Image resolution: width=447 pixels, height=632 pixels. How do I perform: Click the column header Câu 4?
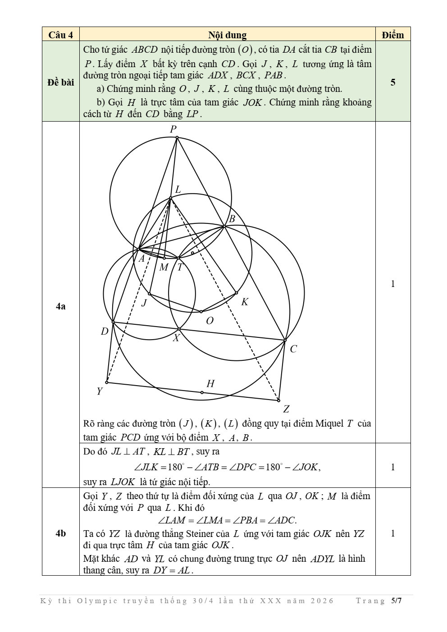point(61,35)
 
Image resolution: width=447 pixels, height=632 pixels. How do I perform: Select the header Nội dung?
point(227,35)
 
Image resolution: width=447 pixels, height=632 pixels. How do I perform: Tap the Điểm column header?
point(392,35)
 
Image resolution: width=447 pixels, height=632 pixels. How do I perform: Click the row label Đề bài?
point(61,82)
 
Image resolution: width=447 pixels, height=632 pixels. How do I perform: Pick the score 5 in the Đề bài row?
point(393,82)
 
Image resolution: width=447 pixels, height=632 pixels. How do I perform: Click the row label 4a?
point(61,306)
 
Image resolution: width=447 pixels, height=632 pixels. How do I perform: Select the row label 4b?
point(61,533)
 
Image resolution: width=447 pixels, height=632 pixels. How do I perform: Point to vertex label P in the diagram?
point(173,129)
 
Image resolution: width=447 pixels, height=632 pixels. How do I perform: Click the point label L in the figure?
point(178,190)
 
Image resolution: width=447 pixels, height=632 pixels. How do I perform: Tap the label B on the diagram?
point(232,219)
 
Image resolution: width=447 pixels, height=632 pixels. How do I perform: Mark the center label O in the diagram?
point(210,321)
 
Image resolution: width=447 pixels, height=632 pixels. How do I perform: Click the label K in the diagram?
point(245,302)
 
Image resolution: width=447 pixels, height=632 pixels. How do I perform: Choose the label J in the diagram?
point(144,303)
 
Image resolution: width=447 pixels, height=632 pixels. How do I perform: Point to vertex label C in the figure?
point(293,349)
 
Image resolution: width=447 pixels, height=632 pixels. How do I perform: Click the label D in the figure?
point(105,332)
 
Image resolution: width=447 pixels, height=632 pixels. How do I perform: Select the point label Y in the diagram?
point(100,391)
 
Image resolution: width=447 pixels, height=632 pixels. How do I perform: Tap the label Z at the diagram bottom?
point(286,409)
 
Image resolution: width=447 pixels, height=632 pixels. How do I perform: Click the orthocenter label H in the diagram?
point(210,384)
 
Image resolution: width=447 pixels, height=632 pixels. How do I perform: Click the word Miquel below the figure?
point(329,424)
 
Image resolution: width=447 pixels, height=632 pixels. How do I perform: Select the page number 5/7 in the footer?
point(396,600)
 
